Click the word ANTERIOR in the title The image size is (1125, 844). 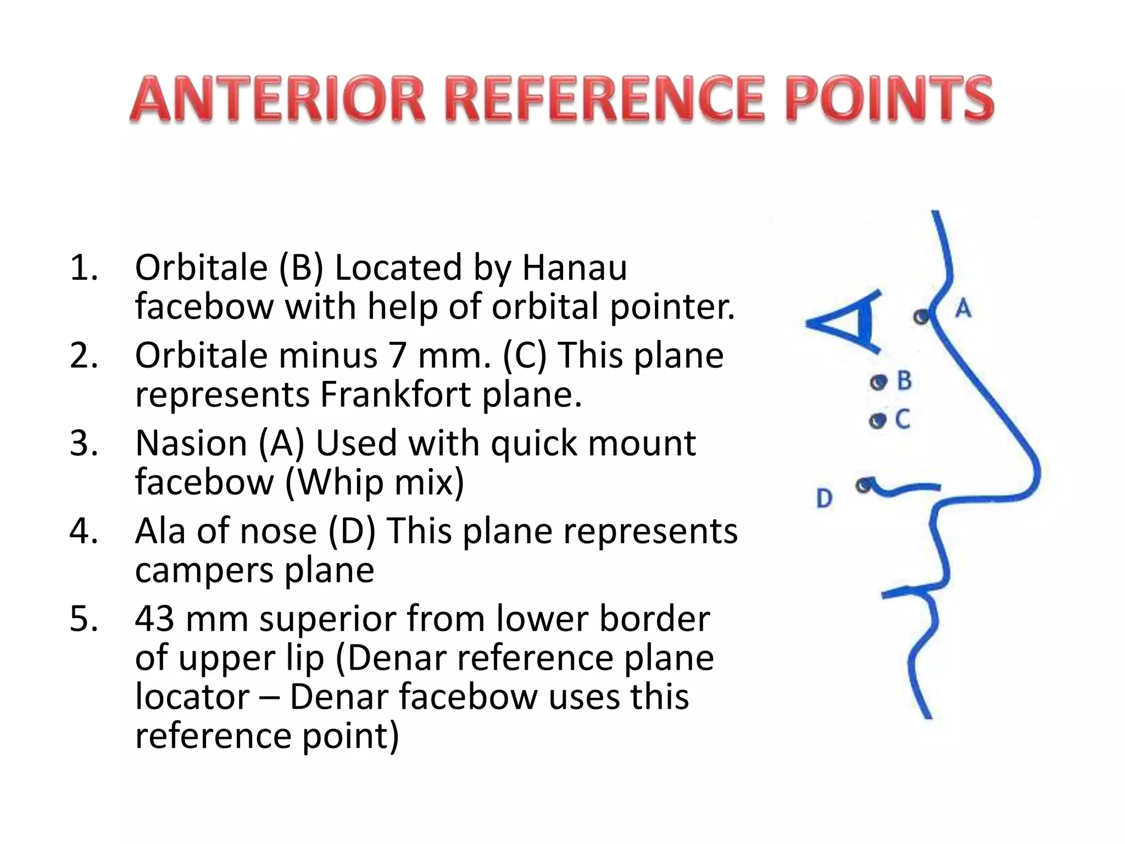coord(278,101)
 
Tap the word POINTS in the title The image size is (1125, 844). coord(892,101)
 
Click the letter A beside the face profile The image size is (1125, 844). coord(963,308)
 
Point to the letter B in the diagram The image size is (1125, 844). coord(904,380)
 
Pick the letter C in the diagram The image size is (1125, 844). coord(903,420)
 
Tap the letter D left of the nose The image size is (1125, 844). coord(824,498)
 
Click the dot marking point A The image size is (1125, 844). coord(922,316)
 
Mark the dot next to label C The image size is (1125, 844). coord(878,421)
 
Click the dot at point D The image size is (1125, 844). coord(864,485)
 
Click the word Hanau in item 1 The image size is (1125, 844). coord(574,268)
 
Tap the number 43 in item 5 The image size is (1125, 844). coord(155,619)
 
